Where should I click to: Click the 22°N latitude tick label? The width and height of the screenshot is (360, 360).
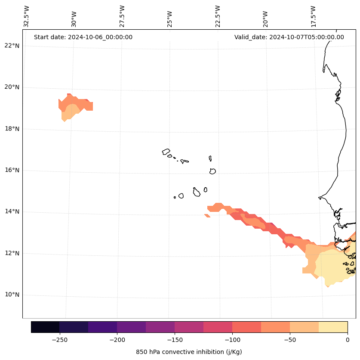(12, 46)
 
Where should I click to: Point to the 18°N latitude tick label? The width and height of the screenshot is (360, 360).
(12, 129)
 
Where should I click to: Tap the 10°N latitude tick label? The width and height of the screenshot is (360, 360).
(12, 295)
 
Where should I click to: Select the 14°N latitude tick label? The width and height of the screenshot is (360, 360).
(12, 211)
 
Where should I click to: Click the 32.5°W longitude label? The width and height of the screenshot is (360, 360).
(27, 16)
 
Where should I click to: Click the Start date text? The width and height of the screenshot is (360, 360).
(83, 37)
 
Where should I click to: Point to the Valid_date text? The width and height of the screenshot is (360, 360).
(289, 37)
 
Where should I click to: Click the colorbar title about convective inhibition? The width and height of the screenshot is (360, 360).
(189, 352)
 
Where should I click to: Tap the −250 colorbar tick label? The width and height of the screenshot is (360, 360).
(59, 340)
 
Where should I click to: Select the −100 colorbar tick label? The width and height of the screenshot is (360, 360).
(232, 340)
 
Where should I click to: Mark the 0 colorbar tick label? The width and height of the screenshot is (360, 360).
(348, 340)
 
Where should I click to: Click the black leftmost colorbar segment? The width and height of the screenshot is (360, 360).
(45, 327)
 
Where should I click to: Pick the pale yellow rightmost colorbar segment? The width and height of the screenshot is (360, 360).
(333, 327)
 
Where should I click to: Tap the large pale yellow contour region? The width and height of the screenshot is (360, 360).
(333, 267)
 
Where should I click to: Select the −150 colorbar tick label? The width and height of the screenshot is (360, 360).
(175, 340)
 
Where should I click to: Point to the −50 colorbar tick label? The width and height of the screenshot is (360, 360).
(290, 340)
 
